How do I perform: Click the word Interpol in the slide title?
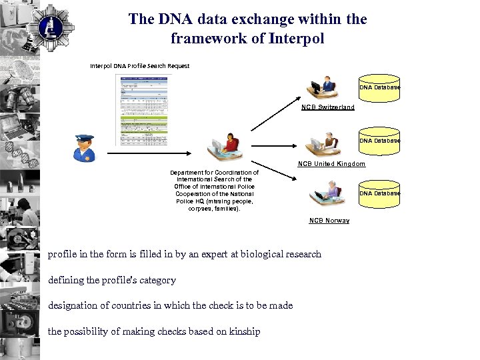click(297, 39)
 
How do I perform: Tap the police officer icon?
click(85, 148)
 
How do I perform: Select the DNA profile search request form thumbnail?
click(143, 110)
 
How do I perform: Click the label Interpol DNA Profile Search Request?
click(140, 66)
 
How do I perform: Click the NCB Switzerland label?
click(327, 107)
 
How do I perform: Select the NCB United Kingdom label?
click(331, 163)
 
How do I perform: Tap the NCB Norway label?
click(329, 221)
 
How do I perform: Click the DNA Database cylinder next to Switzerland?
click(379, 87)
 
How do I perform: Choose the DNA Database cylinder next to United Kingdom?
click(379, 141)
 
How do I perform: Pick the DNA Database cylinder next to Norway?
click(379, 193)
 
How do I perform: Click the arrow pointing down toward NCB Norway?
click(273, 169)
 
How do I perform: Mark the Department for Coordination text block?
click(214, 190)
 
